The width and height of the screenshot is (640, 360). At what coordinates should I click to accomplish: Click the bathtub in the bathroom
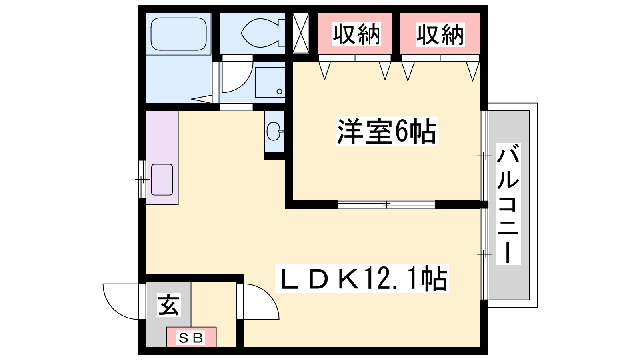coord(178,34)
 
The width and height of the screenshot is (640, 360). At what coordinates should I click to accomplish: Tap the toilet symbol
coord(263,33)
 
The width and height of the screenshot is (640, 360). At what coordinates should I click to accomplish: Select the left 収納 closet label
coord(356,34)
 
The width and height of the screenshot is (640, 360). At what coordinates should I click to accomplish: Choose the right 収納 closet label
coord(440,34)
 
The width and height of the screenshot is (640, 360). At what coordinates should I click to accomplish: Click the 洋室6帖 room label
coord(386,131)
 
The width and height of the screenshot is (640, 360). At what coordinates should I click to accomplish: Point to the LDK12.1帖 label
coord(362,278)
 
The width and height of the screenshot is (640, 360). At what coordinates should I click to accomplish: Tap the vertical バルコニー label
coord(508,204)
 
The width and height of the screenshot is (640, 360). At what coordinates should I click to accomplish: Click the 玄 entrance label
coord(169,305)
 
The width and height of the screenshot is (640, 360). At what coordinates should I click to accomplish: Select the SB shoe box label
coord(190,338)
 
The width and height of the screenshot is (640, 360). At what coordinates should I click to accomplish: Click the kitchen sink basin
coord(162,180)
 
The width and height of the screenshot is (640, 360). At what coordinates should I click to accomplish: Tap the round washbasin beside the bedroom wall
coord(274,131)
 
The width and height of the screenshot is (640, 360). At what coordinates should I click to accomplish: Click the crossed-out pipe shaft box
coord(301,33)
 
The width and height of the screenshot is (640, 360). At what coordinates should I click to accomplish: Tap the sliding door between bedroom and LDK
coord(386,204)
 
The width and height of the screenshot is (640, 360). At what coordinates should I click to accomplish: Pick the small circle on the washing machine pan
coord(280,92)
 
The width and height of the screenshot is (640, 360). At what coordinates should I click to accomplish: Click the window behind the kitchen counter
coord(142,180)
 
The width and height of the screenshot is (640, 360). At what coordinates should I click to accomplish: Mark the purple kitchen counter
coord(162,158)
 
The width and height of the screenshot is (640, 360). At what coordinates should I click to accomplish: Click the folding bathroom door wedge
coord(202,99)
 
